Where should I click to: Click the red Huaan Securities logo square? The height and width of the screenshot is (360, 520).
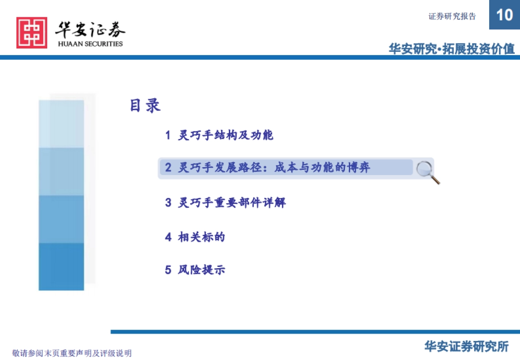[x=32, y=32]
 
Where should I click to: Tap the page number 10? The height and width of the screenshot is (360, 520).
[x=504, y=15]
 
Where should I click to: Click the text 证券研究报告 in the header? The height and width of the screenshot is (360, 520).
[x=452, y=16]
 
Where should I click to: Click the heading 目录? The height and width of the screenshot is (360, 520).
[x=145, y=106]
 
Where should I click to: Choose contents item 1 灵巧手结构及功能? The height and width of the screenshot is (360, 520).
[x=219, y=135]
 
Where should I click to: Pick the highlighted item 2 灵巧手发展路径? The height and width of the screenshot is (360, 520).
[x=267, y=167]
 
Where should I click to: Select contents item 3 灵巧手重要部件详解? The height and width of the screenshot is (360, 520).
[x=225, y=202]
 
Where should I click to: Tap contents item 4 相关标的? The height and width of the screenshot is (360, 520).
[x=195, y=237]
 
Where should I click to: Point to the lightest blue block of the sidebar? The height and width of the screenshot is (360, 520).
[x=61, y=124]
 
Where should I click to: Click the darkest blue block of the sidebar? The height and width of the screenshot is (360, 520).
[x=61, y=266]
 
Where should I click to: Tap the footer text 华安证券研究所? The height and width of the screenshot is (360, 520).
[x=466, y=346]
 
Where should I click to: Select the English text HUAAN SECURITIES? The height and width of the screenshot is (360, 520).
[x=90, y=44]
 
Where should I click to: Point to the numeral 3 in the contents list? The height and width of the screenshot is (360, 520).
[x=168, y=202]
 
